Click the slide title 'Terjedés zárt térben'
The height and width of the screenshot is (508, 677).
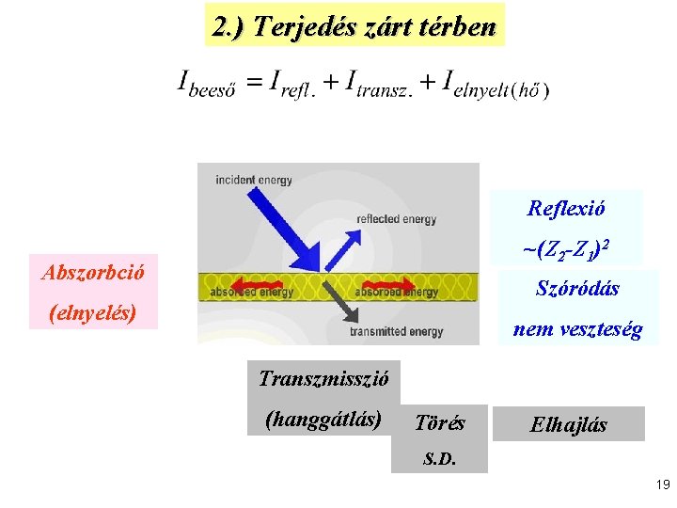coord(354,26)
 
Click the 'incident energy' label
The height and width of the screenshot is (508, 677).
coord(254,180)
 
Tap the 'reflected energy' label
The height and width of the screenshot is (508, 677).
coord(397,219)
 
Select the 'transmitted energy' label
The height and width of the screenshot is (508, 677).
coord(396,331)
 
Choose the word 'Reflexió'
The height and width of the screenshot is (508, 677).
coord(566,208)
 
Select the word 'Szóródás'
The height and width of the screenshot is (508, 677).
coord(577,289)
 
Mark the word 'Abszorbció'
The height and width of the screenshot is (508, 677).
coord(93,272)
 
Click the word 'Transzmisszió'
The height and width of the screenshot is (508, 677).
coord(323,378)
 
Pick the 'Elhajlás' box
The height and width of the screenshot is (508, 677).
coord(568,424)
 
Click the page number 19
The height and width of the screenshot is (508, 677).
coord(662,485)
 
